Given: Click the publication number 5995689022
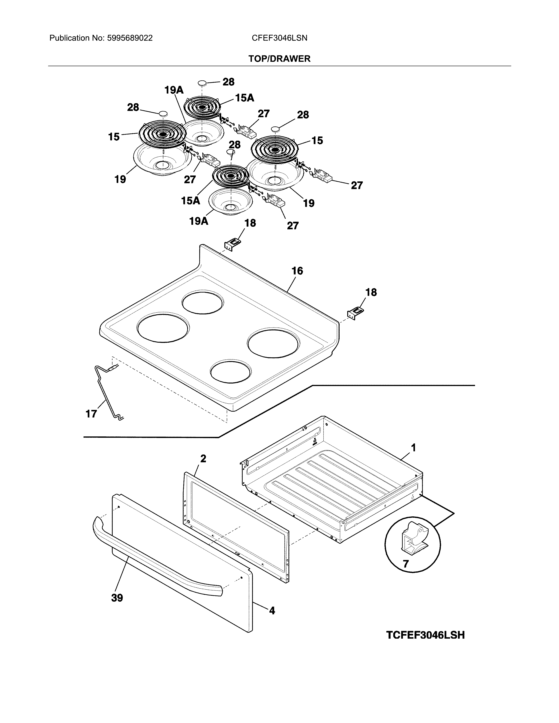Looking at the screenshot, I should [130, 38].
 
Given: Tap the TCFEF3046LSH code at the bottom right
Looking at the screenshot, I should [425, 635].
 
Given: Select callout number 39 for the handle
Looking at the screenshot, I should [117, 598].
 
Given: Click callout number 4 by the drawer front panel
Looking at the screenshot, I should [272, 610].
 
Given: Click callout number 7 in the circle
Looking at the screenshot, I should [406, 564].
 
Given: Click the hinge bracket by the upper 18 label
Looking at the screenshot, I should [232, 245].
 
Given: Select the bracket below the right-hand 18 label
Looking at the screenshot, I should [355, 313].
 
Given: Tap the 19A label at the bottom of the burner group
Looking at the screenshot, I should [198, 221].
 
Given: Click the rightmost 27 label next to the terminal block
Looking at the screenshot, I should [357, 185].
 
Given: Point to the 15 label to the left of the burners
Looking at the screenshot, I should [114, 137].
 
